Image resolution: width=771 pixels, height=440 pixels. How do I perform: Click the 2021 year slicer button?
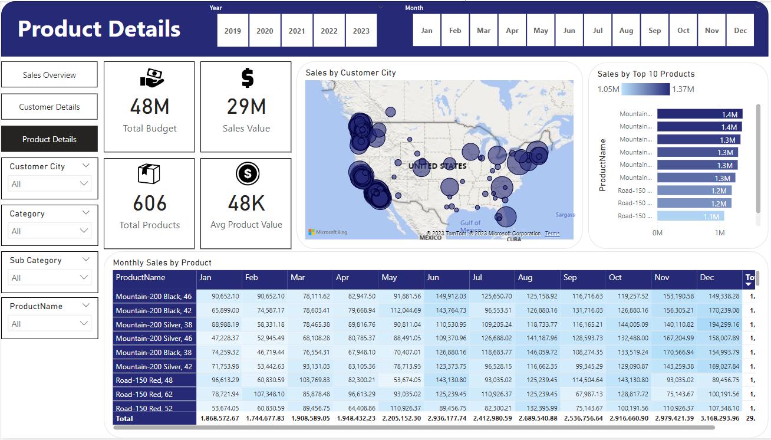tap(297, 31)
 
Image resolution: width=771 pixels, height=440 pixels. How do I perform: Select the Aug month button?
tap(626, 31)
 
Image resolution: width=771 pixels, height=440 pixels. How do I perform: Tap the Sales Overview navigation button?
tap(50, 75)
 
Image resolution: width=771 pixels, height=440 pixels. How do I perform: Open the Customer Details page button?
tap(50, 107)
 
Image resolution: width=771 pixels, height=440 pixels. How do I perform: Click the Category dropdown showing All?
tap(50, 231)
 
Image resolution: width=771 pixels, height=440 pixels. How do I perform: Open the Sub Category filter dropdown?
tap(50, 278)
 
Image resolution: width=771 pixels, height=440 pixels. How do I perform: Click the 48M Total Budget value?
tap(149, 107)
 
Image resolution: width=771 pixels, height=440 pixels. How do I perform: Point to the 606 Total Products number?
tap(149, 203)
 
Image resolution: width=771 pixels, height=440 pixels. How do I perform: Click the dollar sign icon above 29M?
tap(247, 78)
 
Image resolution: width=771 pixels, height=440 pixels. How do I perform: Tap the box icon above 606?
tap(149, 174)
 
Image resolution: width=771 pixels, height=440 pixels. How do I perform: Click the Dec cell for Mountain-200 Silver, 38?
tap(720, 324)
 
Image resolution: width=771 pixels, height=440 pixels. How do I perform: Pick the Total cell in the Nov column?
tap(673, 418)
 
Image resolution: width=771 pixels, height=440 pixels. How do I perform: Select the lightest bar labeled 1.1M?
tap(690, 216)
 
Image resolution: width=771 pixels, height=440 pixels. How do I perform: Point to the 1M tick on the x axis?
tap(720, 233)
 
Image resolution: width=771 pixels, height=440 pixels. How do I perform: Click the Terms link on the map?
tap(552, 234)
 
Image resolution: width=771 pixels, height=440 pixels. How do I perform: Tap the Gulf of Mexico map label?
tap(470, 226)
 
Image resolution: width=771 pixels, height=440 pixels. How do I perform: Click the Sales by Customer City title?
tap(351, 73)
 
